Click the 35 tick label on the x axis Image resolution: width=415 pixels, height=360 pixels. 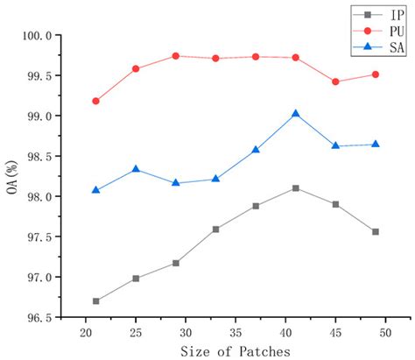236,333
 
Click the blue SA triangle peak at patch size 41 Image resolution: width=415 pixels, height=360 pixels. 296,114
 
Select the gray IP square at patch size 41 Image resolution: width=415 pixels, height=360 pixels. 296,188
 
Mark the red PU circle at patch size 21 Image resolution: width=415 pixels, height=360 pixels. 96,101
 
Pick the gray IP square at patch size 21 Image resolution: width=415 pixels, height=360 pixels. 96,300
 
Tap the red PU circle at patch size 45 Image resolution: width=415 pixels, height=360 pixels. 335,81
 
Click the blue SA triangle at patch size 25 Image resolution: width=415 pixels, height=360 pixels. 136,169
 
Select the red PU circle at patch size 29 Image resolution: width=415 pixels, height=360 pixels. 176,56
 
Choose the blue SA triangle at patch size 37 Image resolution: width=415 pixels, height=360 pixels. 256,150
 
